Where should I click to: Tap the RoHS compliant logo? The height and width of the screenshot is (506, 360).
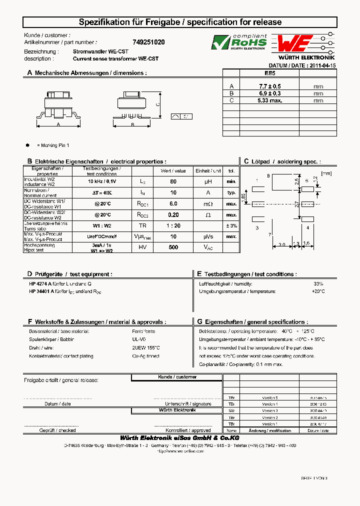tap(238, 43)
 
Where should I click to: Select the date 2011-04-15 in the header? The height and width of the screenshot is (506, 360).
tap(323, 65)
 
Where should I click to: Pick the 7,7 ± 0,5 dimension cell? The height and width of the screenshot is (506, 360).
tap(270, 86)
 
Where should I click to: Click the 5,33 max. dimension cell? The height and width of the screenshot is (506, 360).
tap(270, 100)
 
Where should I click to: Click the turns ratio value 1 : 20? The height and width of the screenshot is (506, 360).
tap(173, 225)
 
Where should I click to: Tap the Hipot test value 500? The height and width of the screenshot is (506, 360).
tap(173, 247)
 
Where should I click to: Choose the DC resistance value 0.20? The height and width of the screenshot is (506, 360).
tap(173, 214)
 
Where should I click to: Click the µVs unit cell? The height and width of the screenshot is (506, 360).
tap(207, 236)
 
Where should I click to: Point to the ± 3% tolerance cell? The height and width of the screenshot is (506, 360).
tap(231, 225)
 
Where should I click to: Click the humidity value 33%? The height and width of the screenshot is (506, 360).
tap(318, 283)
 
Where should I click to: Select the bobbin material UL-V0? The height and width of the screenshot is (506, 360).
tap(139, 339)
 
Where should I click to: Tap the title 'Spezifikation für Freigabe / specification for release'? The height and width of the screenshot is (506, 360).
tap(180, 22)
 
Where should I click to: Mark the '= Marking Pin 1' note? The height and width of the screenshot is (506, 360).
tap(53, 145)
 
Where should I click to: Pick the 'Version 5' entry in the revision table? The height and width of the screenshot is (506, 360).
tap(269, 397)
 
